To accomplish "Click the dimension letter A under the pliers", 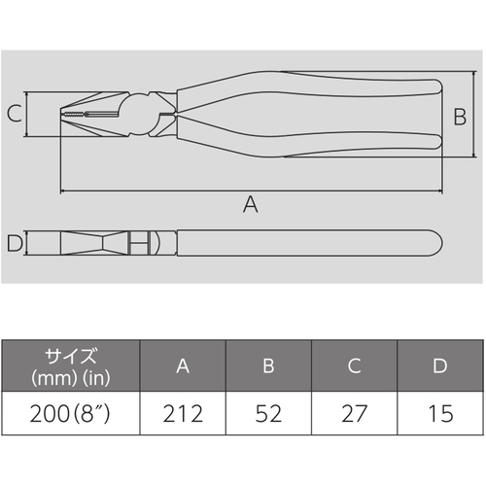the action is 251,204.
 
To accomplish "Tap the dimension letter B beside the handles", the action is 460,117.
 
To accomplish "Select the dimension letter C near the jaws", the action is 15,114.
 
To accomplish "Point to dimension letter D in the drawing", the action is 15,243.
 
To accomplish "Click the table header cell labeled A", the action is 183,365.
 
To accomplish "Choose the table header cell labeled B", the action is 268,365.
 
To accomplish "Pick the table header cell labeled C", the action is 354,365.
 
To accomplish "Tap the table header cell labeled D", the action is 440,365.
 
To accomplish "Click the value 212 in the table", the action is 183,414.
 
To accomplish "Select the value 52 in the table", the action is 268,414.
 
